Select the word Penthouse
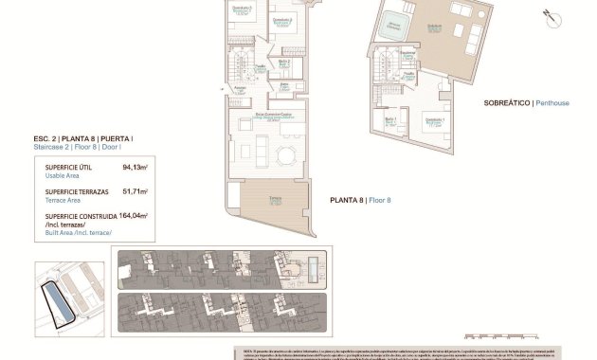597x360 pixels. click(552, 102)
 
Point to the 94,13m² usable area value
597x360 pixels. click(136, 168)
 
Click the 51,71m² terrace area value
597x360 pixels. click(136, 192)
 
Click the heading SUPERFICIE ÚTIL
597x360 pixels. click(68, 168)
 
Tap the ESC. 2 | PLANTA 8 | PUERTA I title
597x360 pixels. click(82, 139)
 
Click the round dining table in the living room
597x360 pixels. click(284, 154)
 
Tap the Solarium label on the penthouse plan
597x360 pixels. click(433, 27)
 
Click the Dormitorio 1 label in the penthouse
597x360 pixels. click(434, 120)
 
